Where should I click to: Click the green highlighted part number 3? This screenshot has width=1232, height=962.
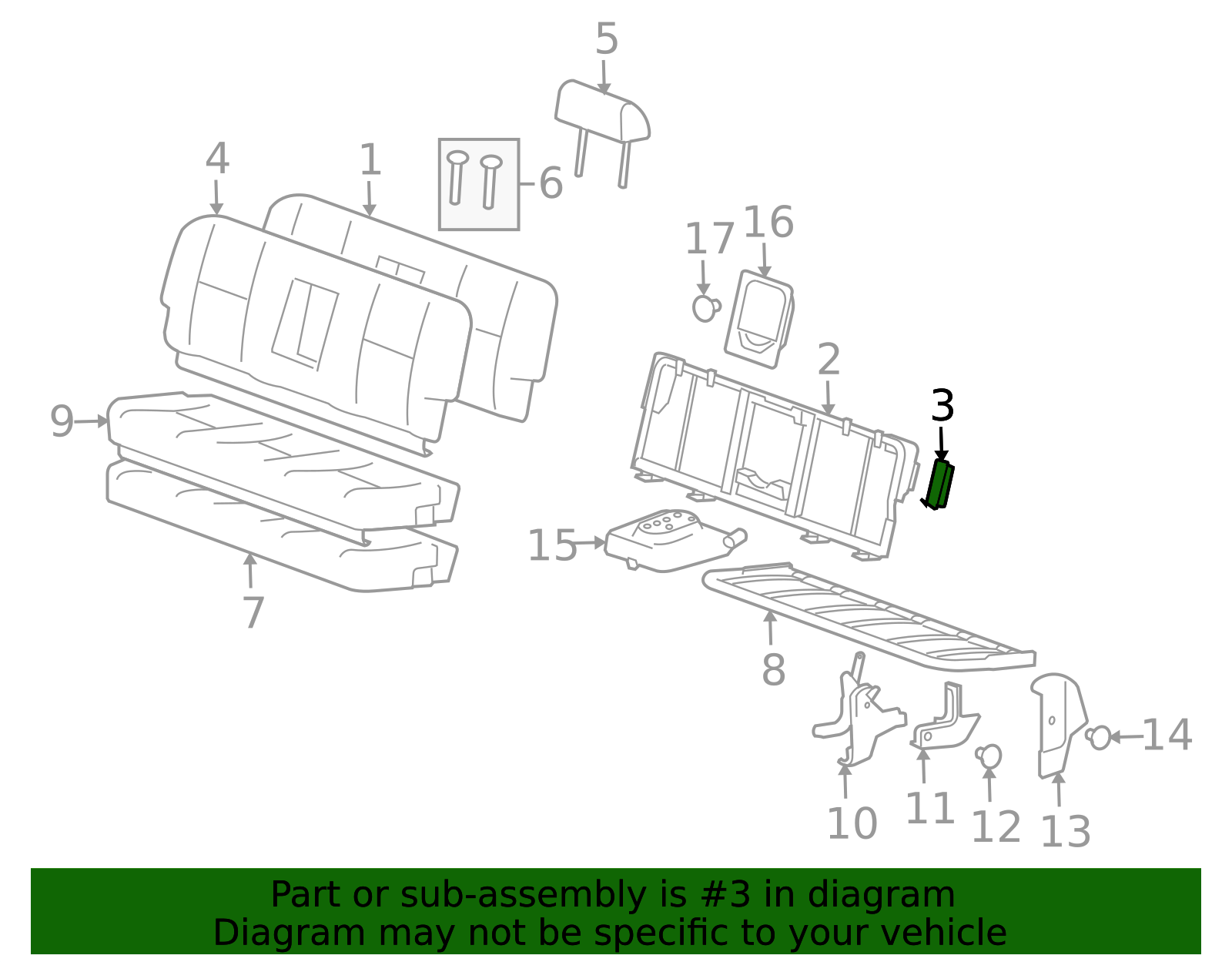939,485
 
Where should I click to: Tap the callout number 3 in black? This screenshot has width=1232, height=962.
942,406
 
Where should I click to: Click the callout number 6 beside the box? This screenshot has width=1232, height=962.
551,183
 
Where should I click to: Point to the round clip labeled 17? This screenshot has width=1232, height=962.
706,308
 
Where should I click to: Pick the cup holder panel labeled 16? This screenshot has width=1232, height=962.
760,319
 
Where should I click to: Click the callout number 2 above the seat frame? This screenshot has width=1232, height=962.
829,360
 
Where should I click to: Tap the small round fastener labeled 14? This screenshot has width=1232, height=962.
1099,737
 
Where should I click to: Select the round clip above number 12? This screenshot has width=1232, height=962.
989,756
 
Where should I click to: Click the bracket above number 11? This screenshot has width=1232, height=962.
944,720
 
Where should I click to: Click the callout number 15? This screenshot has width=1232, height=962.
552,545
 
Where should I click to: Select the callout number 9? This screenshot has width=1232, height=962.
62,421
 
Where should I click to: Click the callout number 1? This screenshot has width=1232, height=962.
370,159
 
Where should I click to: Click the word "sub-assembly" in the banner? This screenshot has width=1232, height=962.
523,894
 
